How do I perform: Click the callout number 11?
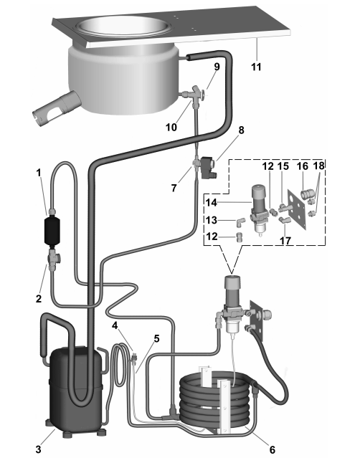coord(256,67)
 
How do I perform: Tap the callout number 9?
coord(217,67)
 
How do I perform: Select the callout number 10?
coord(171,127)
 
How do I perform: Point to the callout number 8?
coord(241,130)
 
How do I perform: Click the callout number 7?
coord(174,188)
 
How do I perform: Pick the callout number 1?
coord(39,173)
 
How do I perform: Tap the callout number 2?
coord(39,298)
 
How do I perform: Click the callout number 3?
coord(38,449)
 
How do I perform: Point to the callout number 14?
coord(211,203)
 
